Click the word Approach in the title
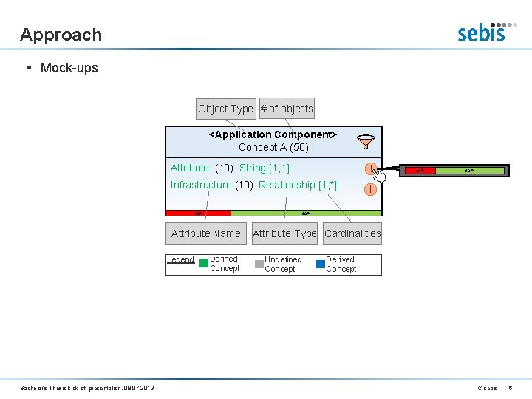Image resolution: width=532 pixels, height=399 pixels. coord(61,35)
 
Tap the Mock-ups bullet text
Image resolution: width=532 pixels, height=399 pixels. coord(69,68)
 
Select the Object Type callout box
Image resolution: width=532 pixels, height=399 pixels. coord(225,109)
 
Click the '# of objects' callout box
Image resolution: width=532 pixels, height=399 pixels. coord(287,109)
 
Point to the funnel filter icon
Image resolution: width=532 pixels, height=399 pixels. coord(366,141)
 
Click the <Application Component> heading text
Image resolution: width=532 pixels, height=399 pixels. coord(273,134)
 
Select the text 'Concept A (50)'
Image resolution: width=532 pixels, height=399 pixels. coord(273,147)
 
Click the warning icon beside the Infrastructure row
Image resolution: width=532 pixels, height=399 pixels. coord(370,189)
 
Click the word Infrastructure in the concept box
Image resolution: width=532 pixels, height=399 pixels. coord(201,185)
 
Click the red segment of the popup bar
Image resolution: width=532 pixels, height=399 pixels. coord(419,171)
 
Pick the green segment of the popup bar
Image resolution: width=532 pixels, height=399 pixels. coord(470,171)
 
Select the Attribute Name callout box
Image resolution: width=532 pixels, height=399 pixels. coord(205,233)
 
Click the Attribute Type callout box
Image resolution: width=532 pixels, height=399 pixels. coord(284,233)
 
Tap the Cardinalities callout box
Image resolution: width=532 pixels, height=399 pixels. coord(352,233)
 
